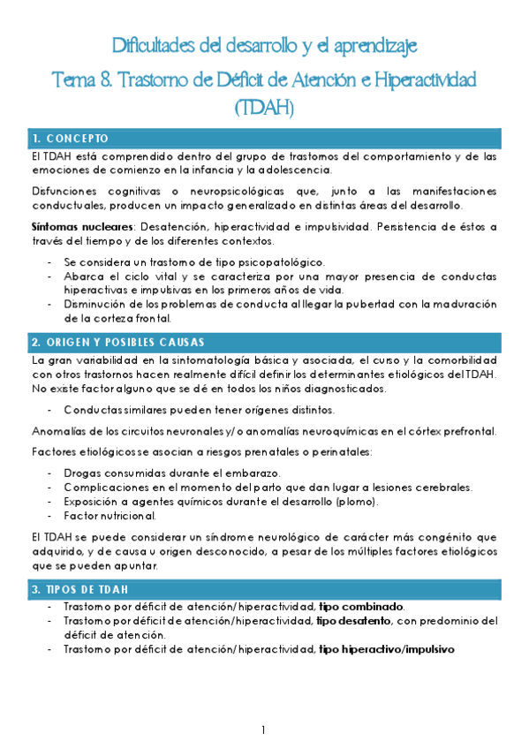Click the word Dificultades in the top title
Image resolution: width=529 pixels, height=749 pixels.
tap(158, 45)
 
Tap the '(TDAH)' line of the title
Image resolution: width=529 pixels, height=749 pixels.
tap(264, 109)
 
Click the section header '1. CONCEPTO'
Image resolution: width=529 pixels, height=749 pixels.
tap(70, 139)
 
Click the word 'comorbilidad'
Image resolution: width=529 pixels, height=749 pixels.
tap(457, 360)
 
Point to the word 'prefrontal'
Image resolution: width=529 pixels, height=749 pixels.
tap(467, 431)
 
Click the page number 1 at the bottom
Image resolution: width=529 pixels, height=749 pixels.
tap(264, 730)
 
